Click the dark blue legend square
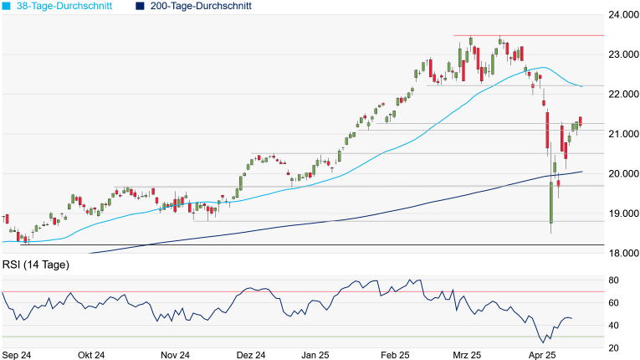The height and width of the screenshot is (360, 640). click(x=140, y=6)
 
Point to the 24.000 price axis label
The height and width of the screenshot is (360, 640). click(x=622, y=15)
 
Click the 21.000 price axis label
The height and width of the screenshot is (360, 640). click(x=622, y=134)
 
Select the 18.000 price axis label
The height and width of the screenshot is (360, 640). click(x=622, y=253)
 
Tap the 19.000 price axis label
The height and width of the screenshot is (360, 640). click(x=622, y=213)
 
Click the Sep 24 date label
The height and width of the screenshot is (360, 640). click(x=16, y=355)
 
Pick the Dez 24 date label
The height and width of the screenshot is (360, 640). click(x=251, y=355)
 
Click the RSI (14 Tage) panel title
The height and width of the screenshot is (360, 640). click(x=36, y=265)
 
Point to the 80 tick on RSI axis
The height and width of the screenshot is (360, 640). click(x=613, y=280)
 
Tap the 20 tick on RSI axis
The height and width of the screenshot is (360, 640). click(x=613, y=347)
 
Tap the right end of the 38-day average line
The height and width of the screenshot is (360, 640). click(x=581, y=86)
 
